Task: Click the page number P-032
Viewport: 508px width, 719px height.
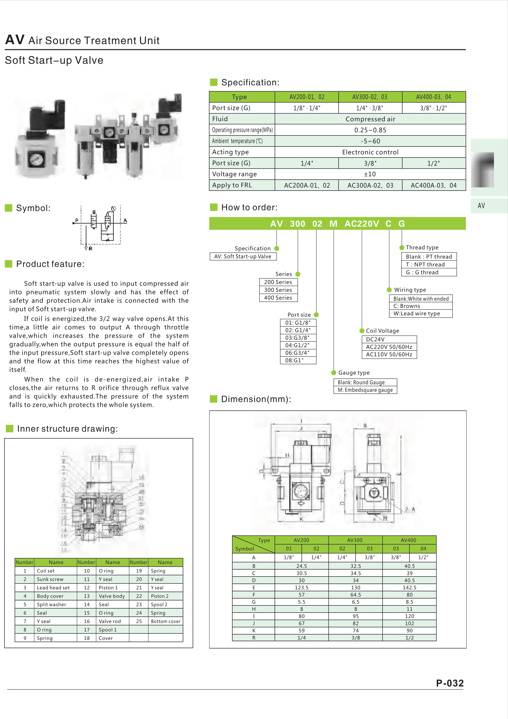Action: coord(450,683)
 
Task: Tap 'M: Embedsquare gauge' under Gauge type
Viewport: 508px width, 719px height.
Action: coord(365,390)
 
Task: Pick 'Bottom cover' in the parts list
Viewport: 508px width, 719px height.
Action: coord(166,621)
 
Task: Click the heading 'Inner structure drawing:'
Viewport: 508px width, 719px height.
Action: coord(68,429)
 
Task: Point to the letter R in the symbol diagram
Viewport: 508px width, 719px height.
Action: coord(91,249)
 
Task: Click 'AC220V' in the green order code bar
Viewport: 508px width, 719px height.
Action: coord(362,224)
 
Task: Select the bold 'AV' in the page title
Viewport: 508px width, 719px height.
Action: coord(15,40)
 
